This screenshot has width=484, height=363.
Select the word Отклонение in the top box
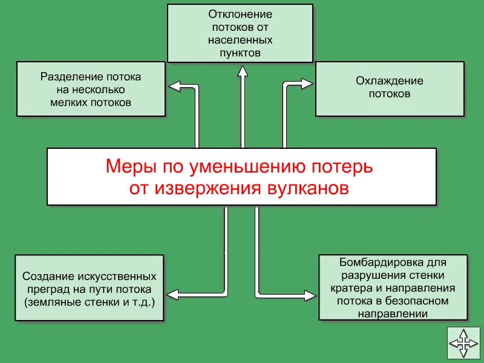point(240,14)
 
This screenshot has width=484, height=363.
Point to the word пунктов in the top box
point(240,53)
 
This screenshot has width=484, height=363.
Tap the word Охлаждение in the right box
point(390,81)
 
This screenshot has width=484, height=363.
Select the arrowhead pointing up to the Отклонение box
point(242,71)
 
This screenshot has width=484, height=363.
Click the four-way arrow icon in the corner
point(463,343)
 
